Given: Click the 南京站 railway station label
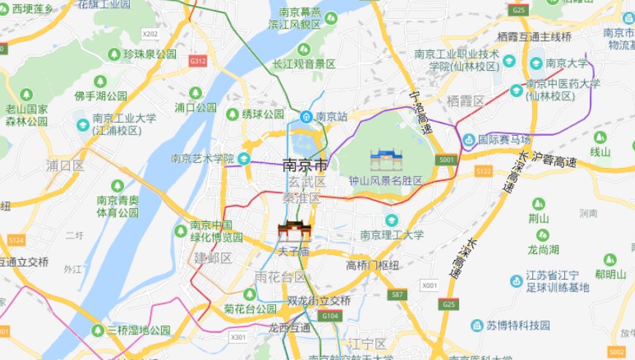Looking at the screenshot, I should [330, 116].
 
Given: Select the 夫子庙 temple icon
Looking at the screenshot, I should [294, 232].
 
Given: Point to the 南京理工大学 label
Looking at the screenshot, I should [392, 235].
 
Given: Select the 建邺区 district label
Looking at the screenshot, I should [212, 258].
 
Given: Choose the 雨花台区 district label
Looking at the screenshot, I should [280, 277].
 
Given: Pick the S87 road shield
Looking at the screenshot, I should [397, 294].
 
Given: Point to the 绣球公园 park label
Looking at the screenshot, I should [263, 115].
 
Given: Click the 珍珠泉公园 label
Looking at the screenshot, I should [150, 54].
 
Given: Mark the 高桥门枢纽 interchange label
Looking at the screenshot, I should [372, 264].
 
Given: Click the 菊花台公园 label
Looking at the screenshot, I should [250, 309].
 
